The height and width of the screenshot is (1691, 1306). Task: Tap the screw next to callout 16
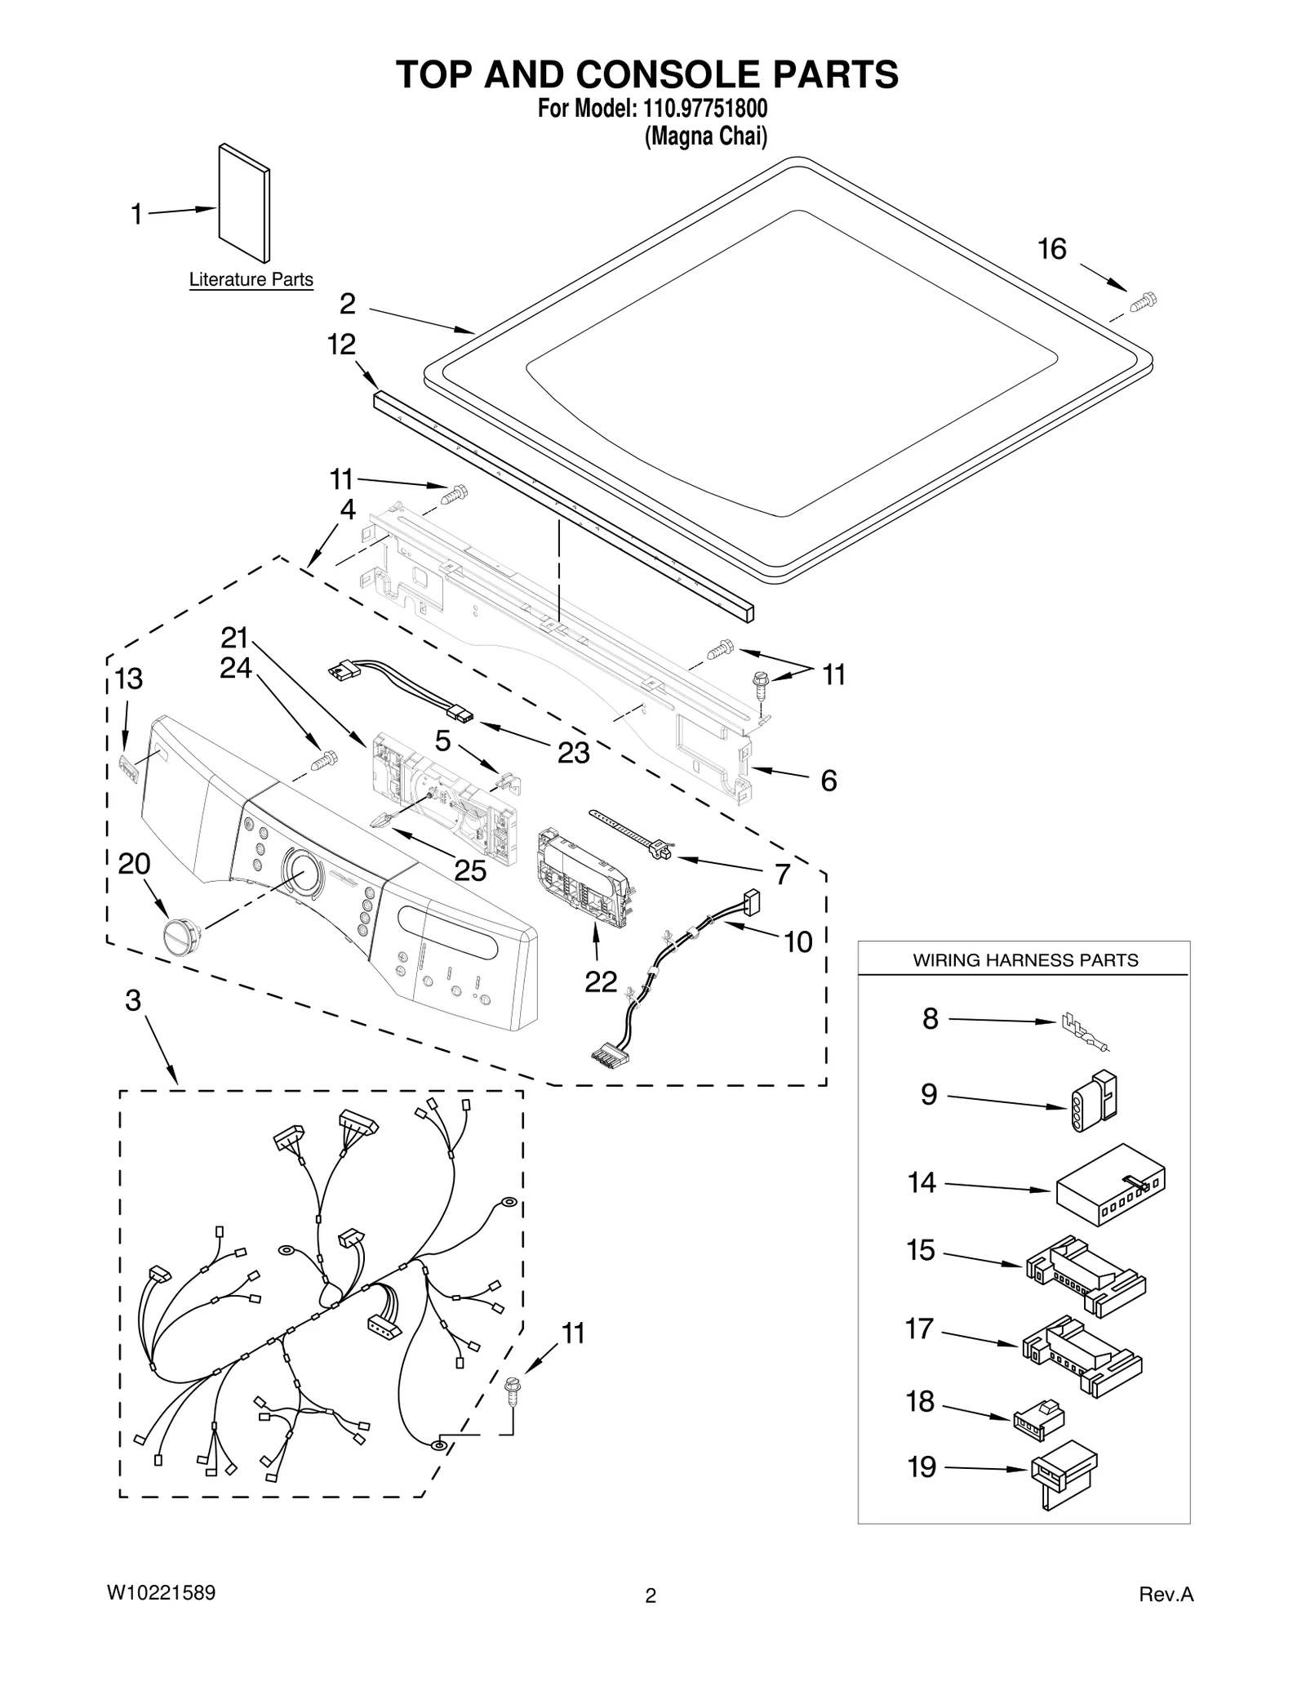(1143, 301)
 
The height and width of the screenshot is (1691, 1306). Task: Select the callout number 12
(341, 345)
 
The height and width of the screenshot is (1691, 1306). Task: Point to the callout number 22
(600, 981)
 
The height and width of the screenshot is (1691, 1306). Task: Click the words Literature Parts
(251, 279)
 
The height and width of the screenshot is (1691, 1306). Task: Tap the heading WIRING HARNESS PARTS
(1024, 960)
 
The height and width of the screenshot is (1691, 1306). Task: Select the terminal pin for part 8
(1084, 1032)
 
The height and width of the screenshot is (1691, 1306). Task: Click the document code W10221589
(161, 1592)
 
